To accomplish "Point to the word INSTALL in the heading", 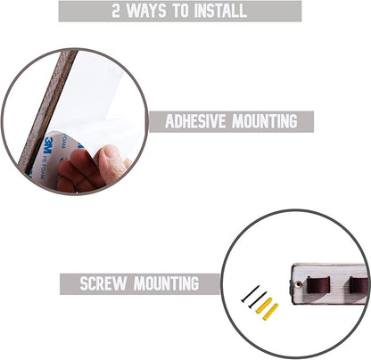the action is pos(220,11).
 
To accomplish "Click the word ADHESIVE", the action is pos(195,121).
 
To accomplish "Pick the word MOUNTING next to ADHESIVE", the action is pos(265,121).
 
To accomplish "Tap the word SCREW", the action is pos(103,283).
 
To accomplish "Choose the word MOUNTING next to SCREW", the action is pos(166,283).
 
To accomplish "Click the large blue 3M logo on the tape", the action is pos(48,145).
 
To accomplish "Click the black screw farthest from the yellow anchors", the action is pos(250,294).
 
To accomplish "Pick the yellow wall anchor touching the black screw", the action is pos(264,305).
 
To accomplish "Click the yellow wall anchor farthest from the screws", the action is pos(270,312).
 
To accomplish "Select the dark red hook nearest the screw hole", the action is pos(318,284).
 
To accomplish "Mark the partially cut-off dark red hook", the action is pos(359,285).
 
